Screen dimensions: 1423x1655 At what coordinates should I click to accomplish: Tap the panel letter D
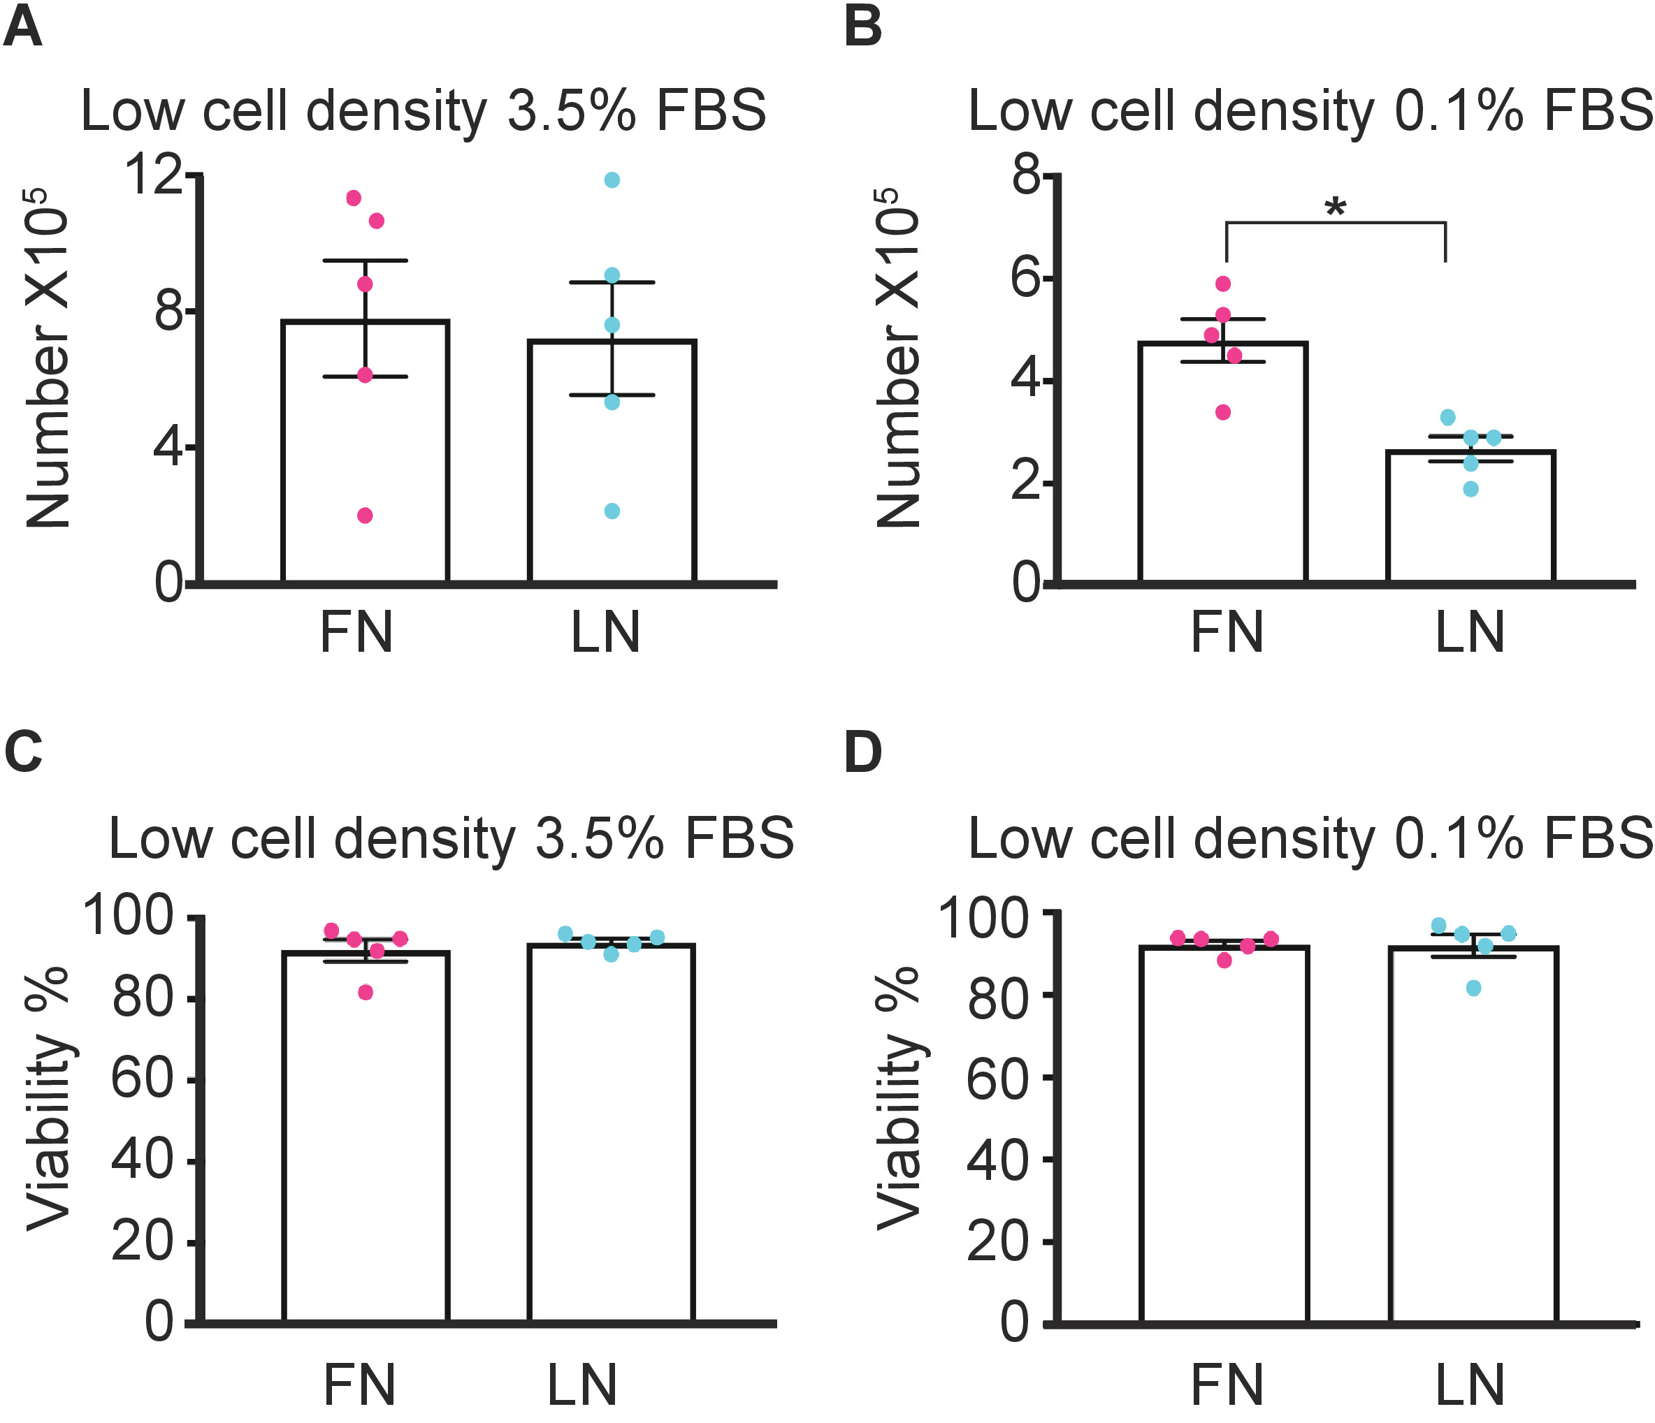(x=862, y=752)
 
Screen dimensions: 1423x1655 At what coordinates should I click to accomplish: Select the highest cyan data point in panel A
(x=612, y=180)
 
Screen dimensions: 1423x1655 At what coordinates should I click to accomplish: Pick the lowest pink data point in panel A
(x=365, y=515)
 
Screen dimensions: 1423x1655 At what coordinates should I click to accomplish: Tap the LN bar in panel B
(x=1470, y=519)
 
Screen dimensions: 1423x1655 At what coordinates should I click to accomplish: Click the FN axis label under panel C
(x=359, y=1385)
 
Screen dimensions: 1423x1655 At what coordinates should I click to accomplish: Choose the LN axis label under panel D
(x=1470, y=1385)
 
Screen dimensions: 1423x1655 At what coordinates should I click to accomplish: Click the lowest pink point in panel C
(x=365, y=992)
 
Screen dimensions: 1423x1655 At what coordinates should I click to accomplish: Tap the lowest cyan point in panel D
(x=1474, y=988)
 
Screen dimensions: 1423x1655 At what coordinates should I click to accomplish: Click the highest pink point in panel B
(x=1223, y=284)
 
